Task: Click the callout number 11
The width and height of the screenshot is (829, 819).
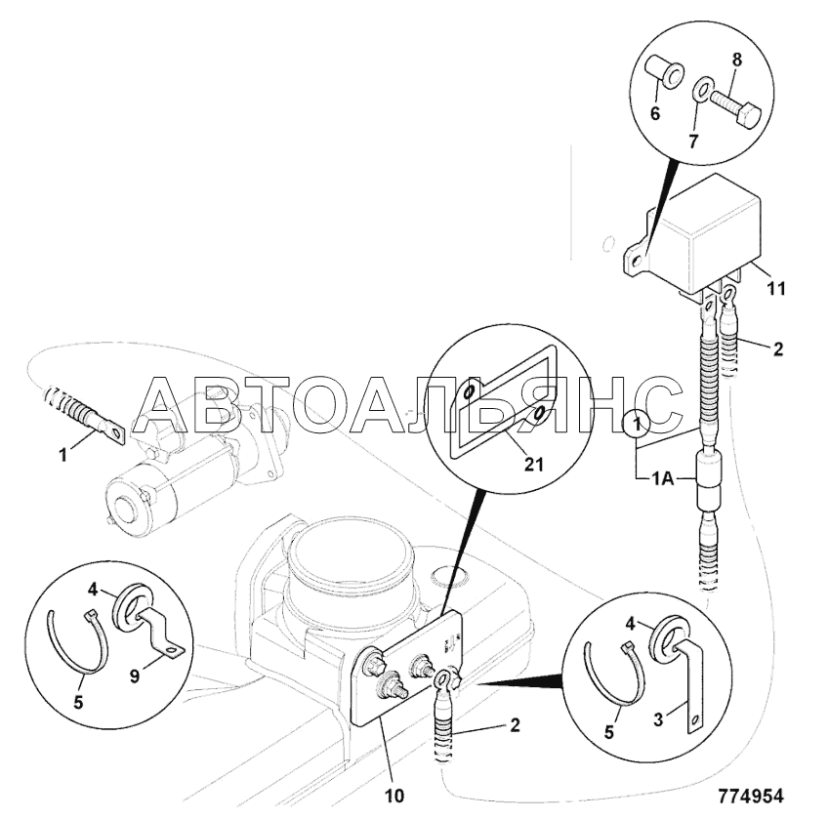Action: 776,289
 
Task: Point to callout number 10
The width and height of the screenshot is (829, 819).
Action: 394,797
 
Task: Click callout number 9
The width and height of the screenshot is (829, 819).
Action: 135,676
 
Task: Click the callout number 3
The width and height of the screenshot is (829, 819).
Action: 658,719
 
